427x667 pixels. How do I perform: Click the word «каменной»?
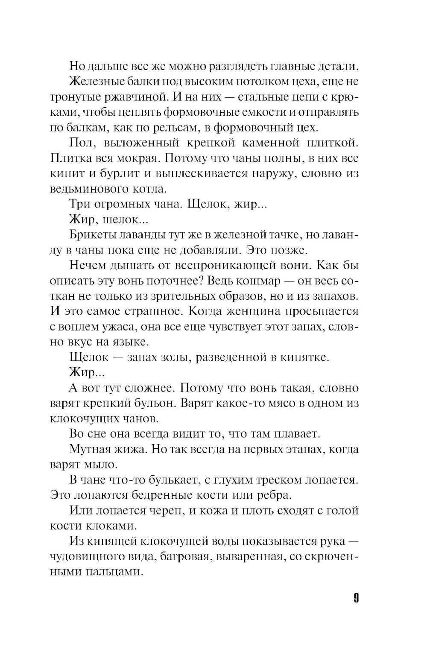pyautogui.click(x=267, y=143)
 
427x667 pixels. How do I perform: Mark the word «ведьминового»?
pyautogui.click(x=88, y=189)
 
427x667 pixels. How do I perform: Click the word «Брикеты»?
pyautogui.click(x=90, y=236)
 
